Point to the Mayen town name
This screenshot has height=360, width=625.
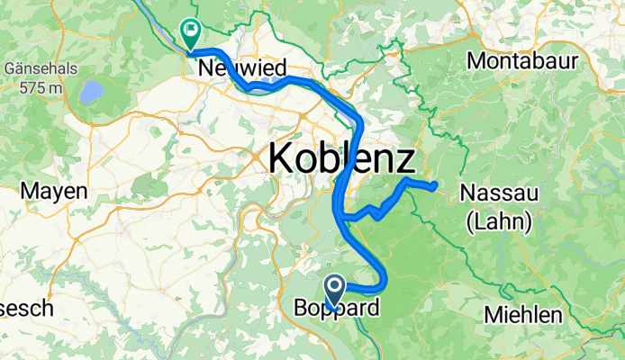[x=54, y=191]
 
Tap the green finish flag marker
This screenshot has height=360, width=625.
[x=191, y=33]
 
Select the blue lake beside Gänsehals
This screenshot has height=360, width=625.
[x=91, y=92]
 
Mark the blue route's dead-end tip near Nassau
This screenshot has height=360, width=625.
[x=436, y=185]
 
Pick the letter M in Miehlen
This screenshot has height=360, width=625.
[x=493, y=315]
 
